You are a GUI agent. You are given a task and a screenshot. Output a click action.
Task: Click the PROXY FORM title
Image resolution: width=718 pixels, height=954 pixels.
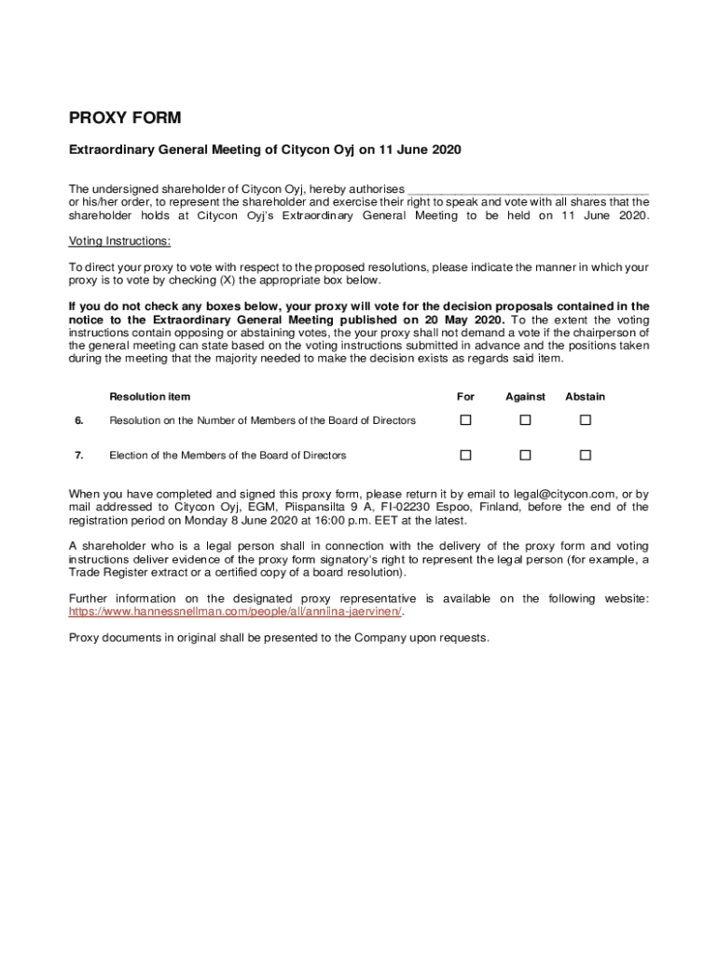point(125,118)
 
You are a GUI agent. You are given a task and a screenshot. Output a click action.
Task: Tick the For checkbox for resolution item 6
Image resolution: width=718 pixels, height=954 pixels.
point(465,420)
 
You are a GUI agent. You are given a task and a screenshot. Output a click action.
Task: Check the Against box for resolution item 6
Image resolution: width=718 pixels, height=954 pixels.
point(525,420)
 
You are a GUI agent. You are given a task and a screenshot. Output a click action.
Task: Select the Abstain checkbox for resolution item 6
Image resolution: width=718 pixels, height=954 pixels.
point(586,420)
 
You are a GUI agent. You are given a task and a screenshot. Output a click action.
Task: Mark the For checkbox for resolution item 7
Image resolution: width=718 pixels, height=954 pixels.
point(465,455)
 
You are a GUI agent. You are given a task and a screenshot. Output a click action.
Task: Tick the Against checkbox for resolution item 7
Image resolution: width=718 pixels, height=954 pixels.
point(525,455)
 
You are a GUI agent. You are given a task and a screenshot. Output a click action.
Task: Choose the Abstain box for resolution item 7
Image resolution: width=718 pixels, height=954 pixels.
point(586,455)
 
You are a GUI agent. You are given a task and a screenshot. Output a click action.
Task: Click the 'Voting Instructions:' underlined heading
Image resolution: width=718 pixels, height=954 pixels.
point(120,240)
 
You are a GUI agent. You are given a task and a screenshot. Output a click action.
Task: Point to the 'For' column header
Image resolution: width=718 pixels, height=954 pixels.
point(465,397)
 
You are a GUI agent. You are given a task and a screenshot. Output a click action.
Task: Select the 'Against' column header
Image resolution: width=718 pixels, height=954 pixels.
point(525,397)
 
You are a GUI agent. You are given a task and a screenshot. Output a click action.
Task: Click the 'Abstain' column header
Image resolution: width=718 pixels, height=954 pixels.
point(585,397)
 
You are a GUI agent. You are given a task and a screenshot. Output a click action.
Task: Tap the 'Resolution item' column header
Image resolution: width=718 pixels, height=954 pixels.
point(149,397)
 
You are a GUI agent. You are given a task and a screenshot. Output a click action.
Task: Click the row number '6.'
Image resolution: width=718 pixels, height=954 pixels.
point(79,420)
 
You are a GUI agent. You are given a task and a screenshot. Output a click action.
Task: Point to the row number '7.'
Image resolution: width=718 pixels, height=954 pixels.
point(79,456)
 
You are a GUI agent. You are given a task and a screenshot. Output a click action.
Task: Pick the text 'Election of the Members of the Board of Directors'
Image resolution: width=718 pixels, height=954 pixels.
point(228,456)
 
